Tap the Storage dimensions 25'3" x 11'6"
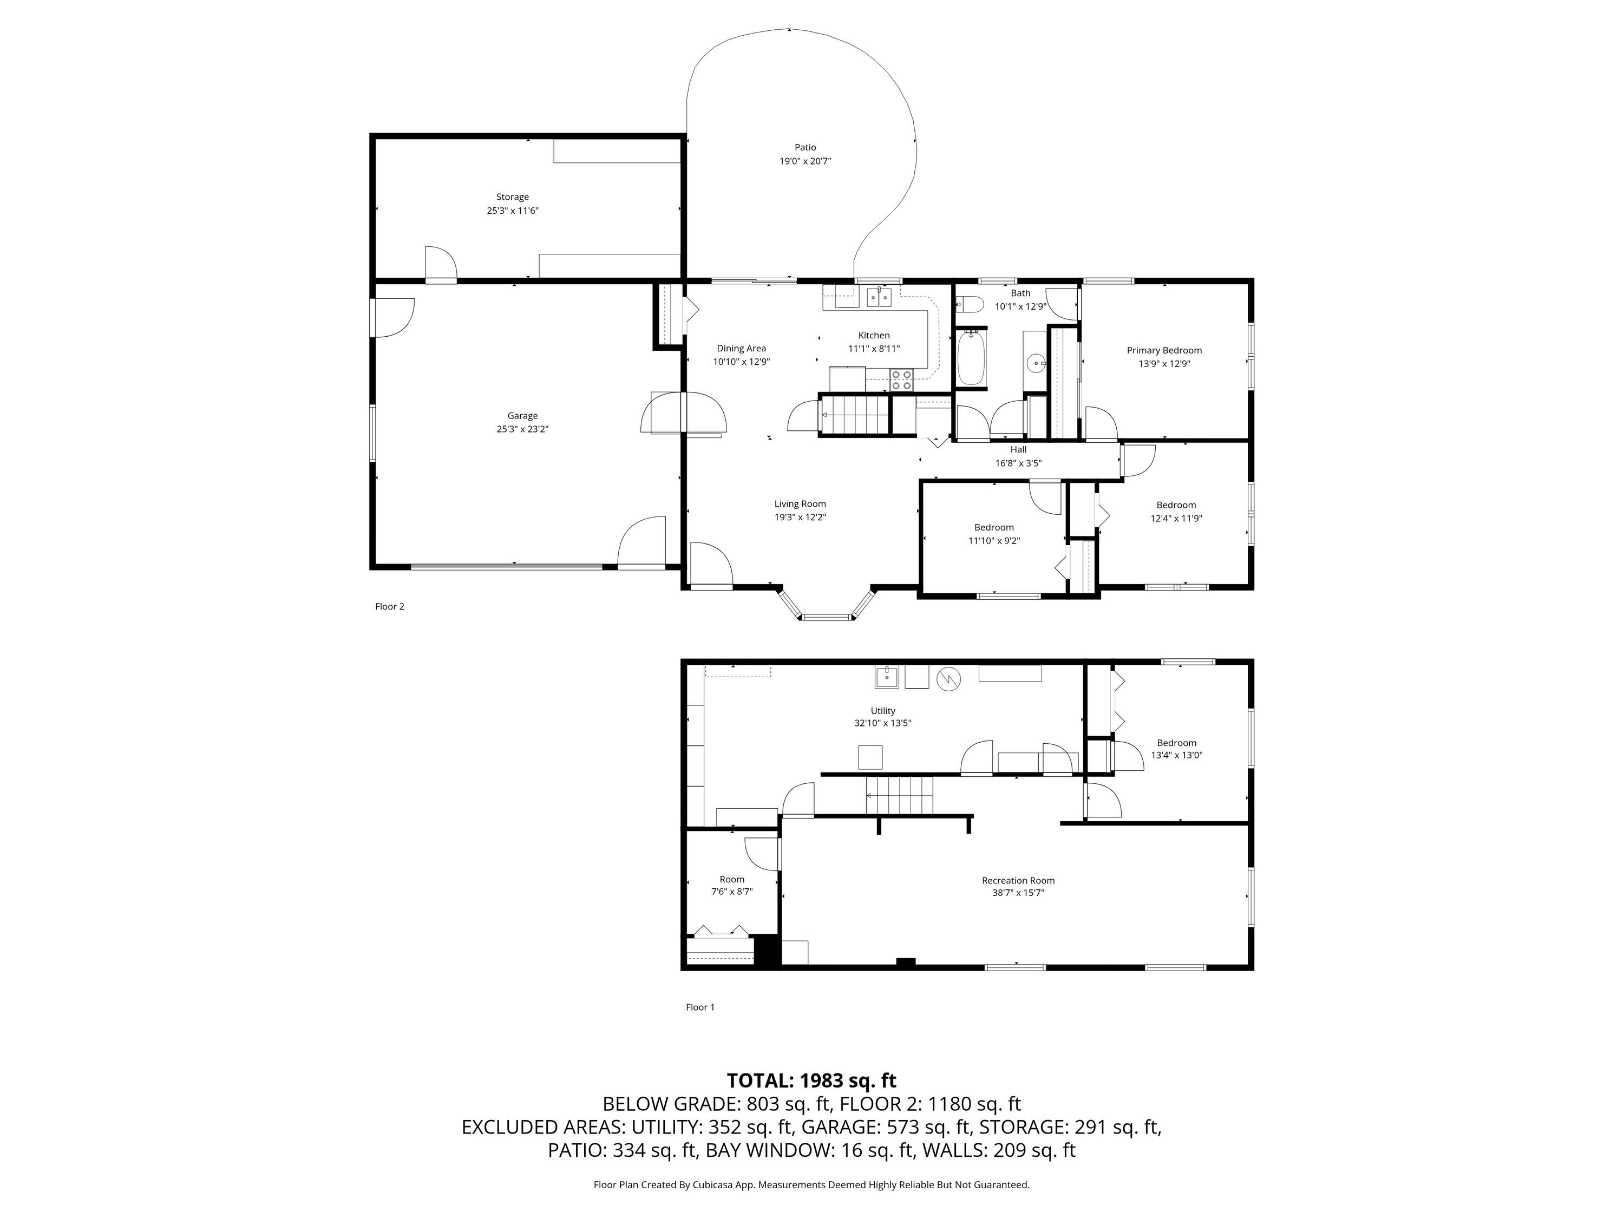tap(513, 211)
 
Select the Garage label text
tap(523, 416)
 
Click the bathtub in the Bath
tap(971, 357)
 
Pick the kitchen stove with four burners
tap(901, 379)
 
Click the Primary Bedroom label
tap(1164, 350)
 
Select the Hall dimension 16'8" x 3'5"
tap(1018, 463)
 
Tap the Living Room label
tap(800, 503)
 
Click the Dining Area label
tap(742, 348)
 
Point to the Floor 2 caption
tap(390, 606)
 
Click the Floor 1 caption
tap(700, 1007)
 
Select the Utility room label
tap(883, 711)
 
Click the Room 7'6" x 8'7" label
tap(732, 886)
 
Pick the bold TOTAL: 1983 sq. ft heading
tap(812, 1081)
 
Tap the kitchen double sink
tap(878, 297)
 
